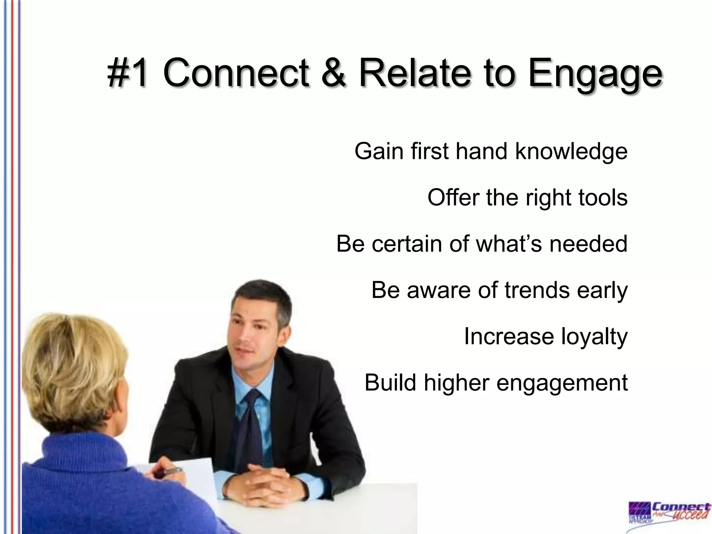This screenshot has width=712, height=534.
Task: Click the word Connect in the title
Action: [x=236, y=73]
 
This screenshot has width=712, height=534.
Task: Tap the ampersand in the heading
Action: [x=334, y=73]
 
